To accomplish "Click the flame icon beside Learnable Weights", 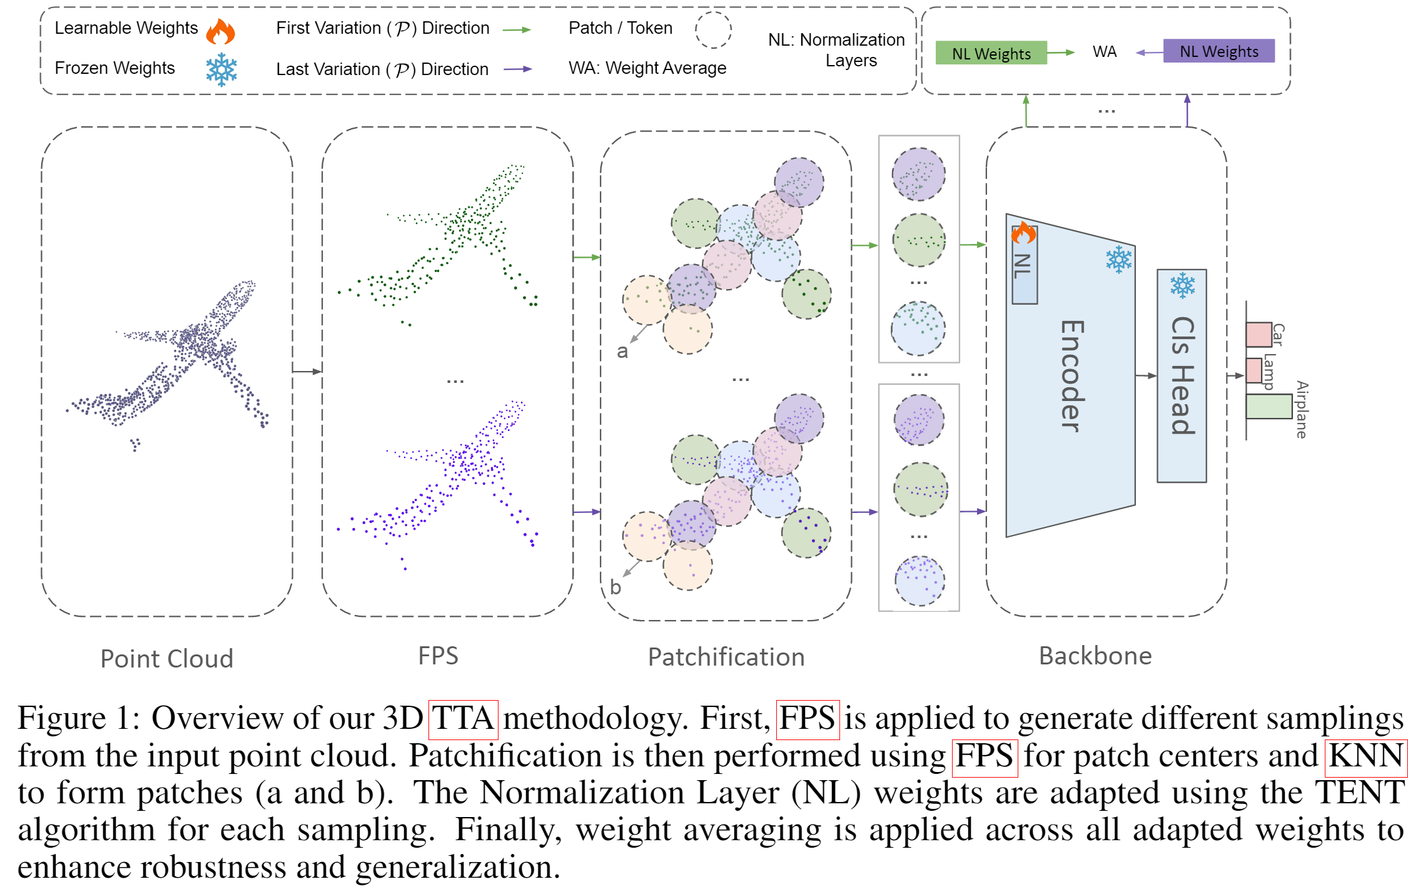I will coord(220,31).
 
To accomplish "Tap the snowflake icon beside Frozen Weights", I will coord(221,69).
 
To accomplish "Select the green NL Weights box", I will coord(991,53).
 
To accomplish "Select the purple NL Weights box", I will coord(1218,51).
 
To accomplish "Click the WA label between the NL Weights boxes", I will coord(1104,52).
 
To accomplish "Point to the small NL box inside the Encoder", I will coord(1024,266).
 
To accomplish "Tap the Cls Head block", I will coord(1182,375).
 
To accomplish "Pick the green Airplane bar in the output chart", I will coord(1269,406).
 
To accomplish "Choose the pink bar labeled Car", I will coord(1259,334).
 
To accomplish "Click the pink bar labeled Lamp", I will coord(1254,370).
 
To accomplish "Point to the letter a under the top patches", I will coord(622,351).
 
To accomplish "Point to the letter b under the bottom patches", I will coord(615,587).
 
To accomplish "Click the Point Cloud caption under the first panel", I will coord(166,659).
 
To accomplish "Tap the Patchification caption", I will coord(726,657).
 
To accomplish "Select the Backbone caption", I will coord(1095,656).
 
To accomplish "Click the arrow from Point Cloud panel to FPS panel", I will coord(307,372).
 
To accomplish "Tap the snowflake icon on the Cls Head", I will coord(1182,285).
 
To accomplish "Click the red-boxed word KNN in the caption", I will coord(1365,756).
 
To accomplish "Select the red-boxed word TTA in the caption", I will coord(463,718).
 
